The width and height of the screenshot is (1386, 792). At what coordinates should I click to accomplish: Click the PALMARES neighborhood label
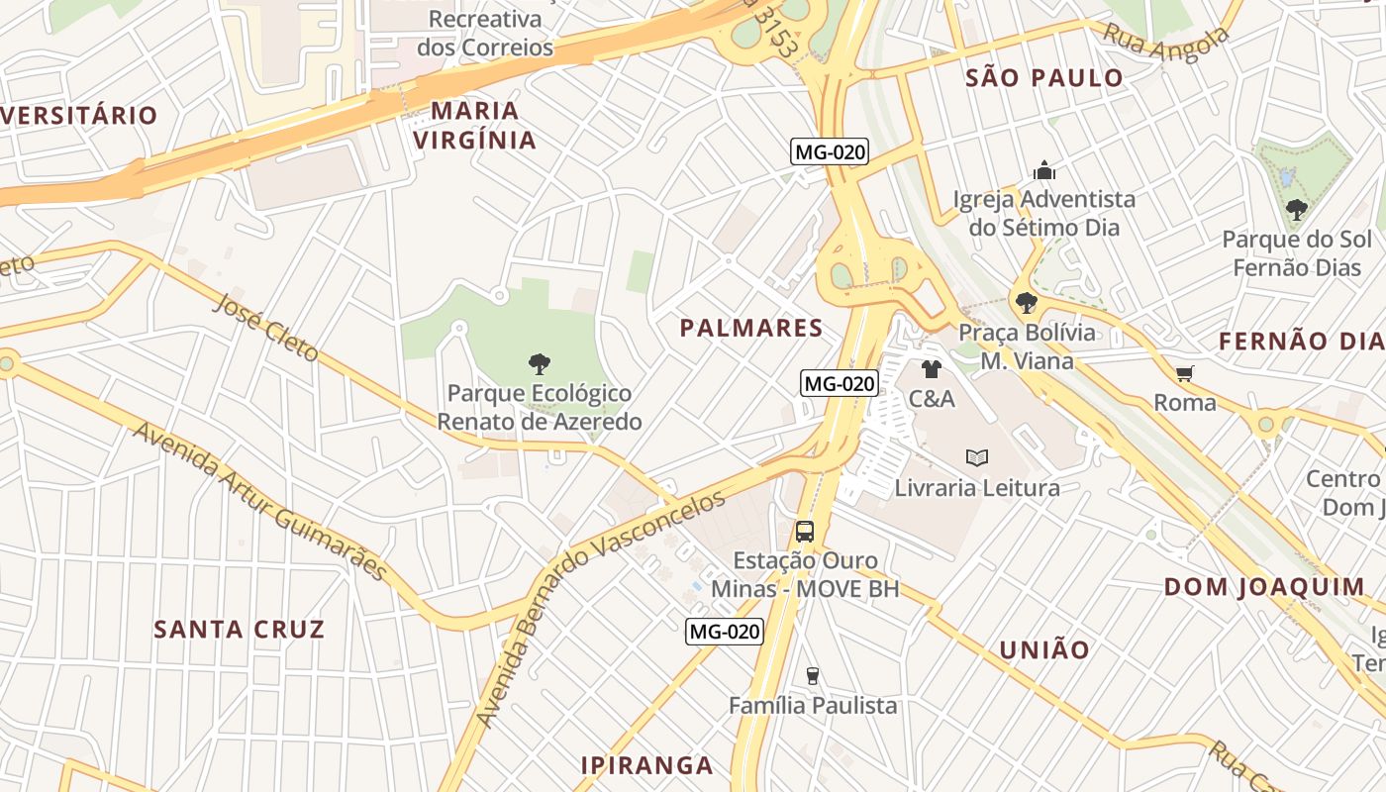751,328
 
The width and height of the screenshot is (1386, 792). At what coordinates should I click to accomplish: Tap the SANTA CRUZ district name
239,630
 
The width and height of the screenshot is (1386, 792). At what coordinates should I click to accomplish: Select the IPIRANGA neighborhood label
646,765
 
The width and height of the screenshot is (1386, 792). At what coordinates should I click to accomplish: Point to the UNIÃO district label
1044,650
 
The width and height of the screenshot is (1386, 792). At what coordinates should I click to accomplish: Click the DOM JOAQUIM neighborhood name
1264,587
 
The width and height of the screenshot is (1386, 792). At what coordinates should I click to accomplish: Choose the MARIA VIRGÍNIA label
475,125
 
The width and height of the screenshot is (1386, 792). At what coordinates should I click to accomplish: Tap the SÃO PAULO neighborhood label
1044,78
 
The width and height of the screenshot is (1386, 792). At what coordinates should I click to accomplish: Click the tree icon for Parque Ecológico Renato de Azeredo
540,363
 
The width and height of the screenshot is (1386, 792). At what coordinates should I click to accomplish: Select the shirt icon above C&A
932,369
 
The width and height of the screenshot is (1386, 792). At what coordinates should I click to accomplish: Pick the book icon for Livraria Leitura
977,457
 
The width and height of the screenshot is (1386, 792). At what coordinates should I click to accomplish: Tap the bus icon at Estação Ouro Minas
805,531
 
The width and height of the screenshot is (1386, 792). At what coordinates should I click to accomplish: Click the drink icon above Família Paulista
813,676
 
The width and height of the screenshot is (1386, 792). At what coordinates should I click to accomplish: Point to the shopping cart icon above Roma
1184,373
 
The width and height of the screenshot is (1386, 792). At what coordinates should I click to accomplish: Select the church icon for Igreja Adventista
1044,170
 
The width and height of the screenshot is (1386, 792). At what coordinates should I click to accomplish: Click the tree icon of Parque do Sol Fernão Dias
1296,209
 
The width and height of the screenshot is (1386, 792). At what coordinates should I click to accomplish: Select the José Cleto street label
266,327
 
